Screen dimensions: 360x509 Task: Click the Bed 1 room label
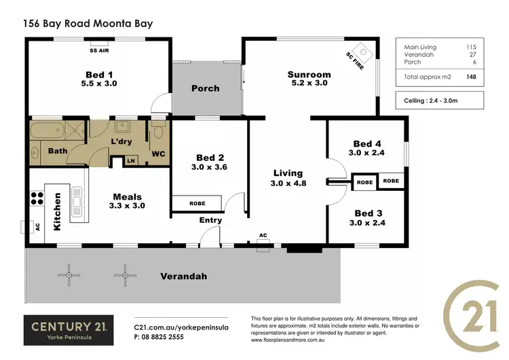[95, 74]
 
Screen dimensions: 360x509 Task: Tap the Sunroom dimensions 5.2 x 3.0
[309, 84]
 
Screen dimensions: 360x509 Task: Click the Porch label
[205, 88]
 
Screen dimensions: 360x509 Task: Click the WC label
[159, 154]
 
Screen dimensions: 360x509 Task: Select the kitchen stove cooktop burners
[35, 201]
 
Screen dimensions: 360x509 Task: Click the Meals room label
[128, 196]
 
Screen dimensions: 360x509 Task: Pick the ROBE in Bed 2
[197, 202]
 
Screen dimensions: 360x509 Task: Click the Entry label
[210, 220]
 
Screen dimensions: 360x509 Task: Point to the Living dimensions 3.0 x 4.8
[288, 183]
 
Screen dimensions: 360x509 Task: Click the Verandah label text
[183, 276]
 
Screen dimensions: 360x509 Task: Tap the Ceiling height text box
[439, 100]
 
